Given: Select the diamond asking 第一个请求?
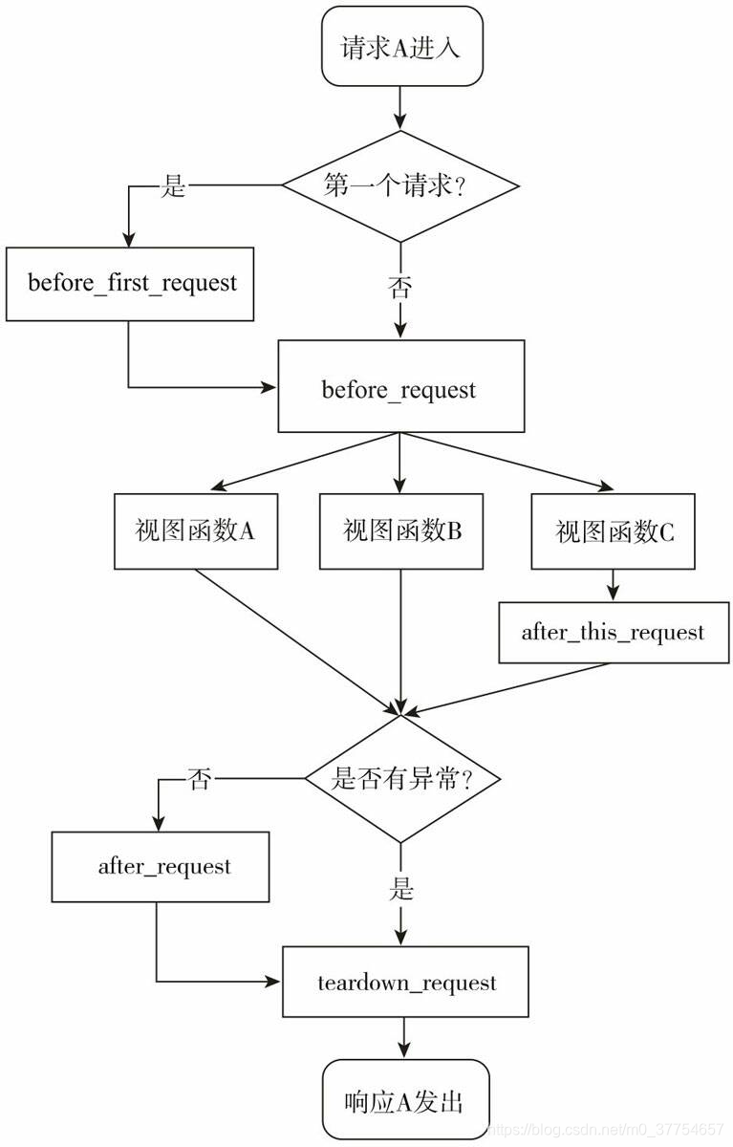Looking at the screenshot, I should [x=400, y=186].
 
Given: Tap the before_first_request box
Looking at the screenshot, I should [x=130, y=284].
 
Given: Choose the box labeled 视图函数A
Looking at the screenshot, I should [x=196, y=531].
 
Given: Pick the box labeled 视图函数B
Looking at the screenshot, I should [x=400, y=531].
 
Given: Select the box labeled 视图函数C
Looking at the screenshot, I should [x=614, y=531].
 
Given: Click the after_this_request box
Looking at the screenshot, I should [x=612, y=633].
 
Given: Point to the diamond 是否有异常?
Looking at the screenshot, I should [x=400, y=779].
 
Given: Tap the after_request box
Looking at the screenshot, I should [x=161, y=867].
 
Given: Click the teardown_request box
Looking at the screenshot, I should [x=405, y=983].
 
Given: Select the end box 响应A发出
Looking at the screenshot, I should [x=405, y=1101].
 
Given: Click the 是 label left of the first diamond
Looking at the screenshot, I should [x=173, y=185].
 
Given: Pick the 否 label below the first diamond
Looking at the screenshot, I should [x=400, y=287].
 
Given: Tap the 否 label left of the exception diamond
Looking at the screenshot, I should [x=199, y=779].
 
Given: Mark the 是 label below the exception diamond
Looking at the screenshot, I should [x=401, y=890].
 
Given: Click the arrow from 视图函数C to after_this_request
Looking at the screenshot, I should [x=612, y=585].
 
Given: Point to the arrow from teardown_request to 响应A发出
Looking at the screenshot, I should [x=405, y=1037].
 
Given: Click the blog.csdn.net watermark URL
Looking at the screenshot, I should [x=606, y=1130].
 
